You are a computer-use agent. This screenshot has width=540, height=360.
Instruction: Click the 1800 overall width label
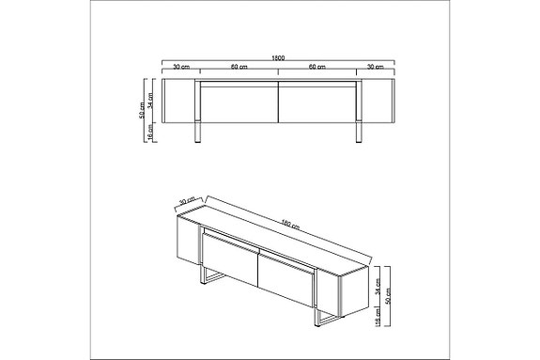point(279,55)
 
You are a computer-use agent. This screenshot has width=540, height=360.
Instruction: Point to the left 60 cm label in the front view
point(239,68)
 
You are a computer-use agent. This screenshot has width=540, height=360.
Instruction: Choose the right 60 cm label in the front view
point(318,68)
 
